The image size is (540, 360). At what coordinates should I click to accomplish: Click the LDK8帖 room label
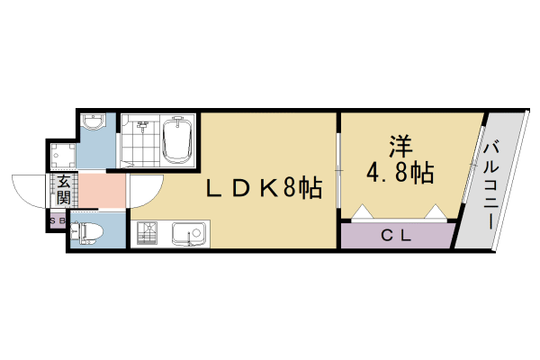point(265,188)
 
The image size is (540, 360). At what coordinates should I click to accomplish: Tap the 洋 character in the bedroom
point(401,146)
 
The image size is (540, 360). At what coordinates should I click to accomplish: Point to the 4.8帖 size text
point(401,172)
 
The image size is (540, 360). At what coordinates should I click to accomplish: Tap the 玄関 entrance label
point(65,190)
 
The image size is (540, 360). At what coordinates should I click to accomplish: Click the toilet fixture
point(87,231)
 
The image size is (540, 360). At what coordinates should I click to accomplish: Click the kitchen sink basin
point(186,235)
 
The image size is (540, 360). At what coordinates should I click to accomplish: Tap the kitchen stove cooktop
point(148,235)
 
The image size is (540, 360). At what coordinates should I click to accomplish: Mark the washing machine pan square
point(63,156)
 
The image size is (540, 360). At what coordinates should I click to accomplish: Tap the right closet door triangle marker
point(435,213)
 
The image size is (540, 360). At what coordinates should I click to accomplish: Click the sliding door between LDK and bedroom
point(337,166)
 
